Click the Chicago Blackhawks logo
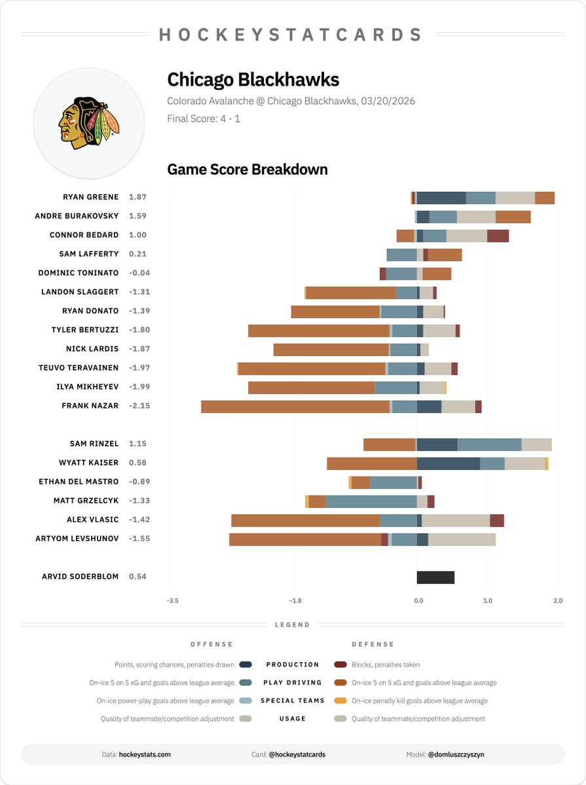tap(89, 122)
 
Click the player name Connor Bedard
tap(84, 235)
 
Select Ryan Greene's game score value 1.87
tap(137, 197)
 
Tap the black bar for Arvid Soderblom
tap(435, 577)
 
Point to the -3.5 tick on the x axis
tap(172, 600)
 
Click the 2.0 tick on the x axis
tap(557, 600)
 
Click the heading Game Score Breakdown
tap(247, 170)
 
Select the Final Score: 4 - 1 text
tap(204, 119)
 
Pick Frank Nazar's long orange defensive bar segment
tap(295, 407)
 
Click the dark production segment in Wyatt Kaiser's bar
tap(449, 464)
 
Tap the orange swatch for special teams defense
tap(340, 701)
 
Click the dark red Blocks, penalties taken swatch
tap(340, 665)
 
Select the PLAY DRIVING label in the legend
tap(293, 683)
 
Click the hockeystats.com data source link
tap(145, 754)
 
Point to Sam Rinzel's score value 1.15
tap(137, 444)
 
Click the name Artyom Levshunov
tap(77, 539)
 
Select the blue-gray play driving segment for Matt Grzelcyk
tap(371, 502)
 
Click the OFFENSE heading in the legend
tap(211, 644)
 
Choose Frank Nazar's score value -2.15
tap(139, 406)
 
